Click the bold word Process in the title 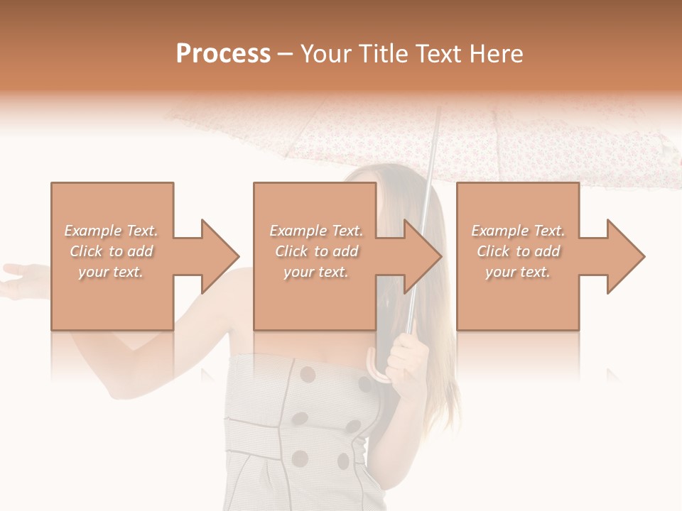coord(223,54)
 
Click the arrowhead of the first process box coord(220,256)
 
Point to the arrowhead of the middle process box coord(423,256)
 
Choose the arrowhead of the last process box coord(626,256)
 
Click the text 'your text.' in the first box coord(111,272)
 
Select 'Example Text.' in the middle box coord(316,231)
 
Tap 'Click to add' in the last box coord(519,251)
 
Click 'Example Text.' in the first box coord(111,231)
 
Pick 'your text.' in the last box coord(518,272)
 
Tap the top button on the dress coord(308,374)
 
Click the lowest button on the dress coord(301,458)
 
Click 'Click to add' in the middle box coord(316,251)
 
